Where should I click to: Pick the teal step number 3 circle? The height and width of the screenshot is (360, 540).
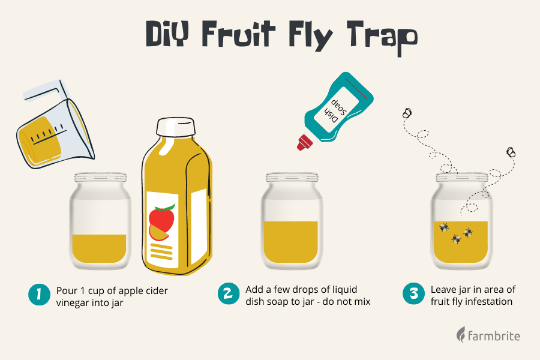tap(413, 295)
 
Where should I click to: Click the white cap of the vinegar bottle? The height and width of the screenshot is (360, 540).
tap(176, 127)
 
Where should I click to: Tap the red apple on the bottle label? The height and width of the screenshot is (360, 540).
tap(162, 218)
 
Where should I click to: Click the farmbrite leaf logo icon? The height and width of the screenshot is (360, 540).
tap(461, 334)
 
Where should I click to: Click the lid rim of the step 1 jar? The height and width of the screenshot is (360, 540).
tap(101, 178)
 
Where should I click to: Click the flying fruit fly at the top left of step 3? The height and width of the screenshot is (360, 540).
tap(407, 112)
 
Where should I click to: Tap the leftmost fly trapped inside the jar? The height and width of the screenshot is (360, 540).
tap(445, 227)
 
